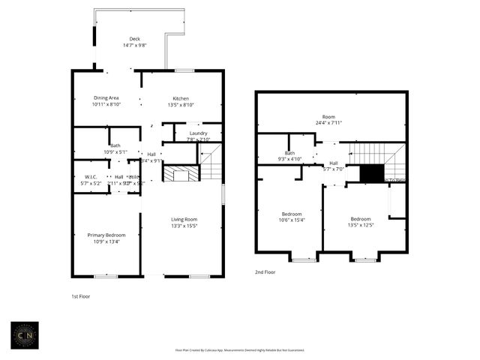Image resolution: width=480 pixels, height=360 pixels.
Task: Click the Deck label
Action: tap(135, 39)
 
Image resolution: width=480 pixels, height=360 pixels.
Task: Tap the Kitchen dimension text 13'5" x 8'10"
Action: tap(181, 106)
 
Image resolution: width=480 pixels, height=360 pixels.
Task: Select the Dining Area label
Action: tap(106, 98)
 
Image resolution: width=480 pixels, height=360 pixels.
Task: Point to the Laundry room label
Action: tap(198, 133)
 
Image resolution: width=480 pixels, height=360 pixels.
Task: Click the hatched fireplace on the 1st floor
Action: tap(181, 175)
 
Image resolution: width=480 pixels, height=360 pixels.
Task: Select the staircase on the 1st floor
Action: tap(211, 163)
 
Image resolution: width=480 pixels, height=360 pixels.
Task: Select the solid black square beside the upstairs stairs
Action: tap(370, 172)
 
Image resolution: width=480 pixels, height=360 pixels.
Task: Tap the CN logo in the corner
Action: tap(25, 335)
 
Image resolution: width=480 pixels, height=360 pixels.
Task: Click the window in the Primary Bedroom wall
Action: tap(106, 276)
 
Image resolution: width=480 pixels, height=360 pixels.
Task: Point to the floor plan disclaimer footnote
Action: tap(239, 349)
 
